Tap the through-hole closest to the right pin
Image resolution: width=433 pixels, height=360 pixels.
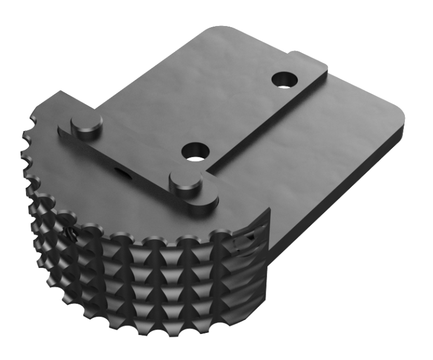pos(196,151)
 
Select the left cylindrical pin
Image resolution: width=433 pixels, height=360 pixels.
pos(87,125)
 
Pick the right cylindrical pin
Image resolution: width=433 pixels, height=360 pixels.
pos(186,183)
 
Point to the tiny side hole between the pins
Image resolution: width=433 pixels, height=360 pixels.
pos(120,172)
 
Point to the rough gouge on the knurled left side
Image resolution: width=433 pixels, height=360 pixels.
pos(71,232)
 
